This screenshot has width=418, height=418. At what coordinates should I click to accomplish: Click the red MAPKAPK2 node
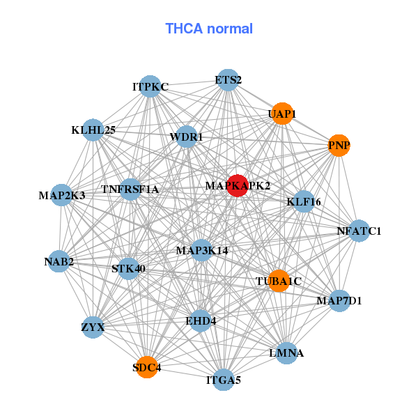tap(238, 185)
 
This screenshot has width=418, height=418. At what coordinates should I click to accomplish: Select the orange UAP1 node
tap(282, 114)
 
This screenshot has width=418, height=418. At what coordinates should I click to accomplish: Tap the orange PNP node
tap(339, 146)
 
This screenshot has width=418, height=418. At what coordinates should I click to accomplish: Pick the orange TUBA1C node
tap(279, 281)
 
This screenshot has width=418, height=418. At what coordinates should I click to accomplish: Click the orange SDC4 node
tap(147, 367)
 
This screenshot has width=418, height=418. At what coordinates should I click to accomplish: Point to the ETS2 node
tap(228, 80)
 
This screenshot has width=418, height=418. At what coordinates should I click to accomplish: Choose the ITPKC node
tap(150, 86)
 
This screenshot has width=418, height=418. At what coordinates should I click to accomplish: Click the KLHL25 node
tap(93, 130)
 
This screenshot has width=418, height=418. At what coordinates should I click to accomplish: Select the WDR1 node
tap(187, 137)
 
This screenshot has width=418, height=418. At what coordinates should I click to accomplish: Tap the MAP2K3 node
tap(61, 195)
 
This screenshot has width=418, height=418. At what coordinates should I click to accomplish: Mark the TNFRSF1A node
tap(130, 189)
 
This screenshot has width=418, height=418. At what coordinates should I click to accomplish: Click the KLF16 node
tap(304, 201)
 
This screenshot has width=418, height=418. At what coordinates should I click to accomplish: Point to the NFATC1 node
tap(359, 231)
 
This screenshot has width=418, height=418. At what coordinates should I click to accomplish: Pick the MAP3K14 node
tap(202, 250)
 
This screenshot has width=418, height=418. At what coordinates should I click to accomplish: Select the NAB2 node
tap(59, 261)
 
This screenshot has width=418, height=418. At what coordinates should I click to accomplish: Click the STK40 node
tap(128, 268)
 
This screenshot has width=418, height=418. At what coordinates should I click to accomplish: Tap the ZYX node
tap(93, 327)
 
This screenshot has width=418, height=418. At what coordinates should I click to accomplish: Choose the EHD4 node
tap(201, 321)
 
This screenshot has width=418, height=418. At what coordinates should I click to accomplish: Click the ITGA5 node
tap(224, 380)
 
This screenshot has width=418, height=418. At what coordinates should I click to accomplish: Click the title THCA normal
tap(209, 29)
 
